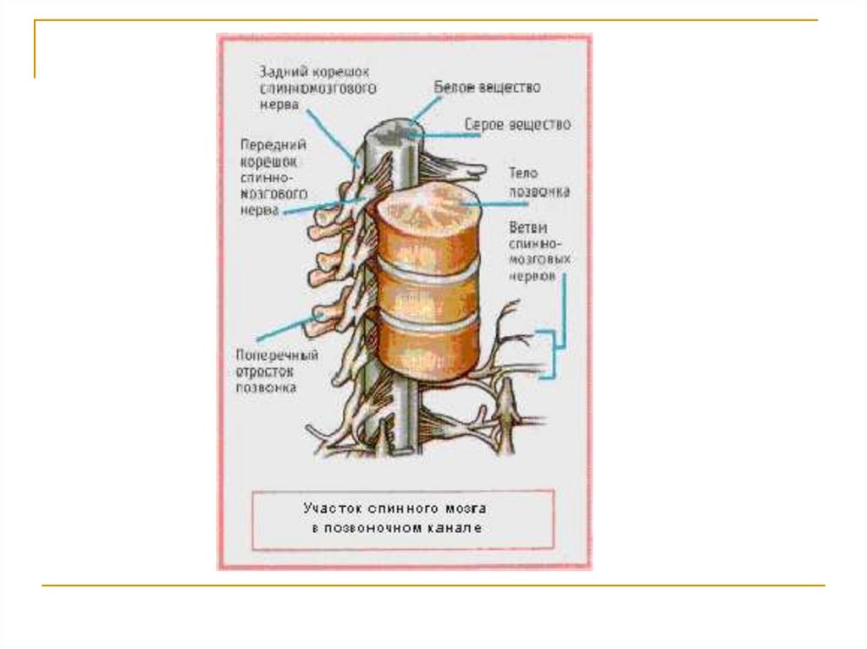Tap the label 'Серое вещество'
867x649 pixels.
pyautogui.click(x=517, y=124)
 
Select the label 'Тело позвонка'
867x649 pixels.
pyautogui.click(x=538, y=182)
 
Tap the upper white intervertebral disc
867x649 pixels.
pyautogui.click(x=428, y=273)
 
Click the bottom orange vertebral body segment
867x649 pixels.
pyautogui.click(x=428, y=351)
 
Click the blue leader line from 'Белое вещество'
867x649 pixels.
pyautogui.click(x=426, y=111)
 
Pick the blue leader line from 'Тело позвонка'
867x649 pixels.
pyautogui.click(x=486, y=204)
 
